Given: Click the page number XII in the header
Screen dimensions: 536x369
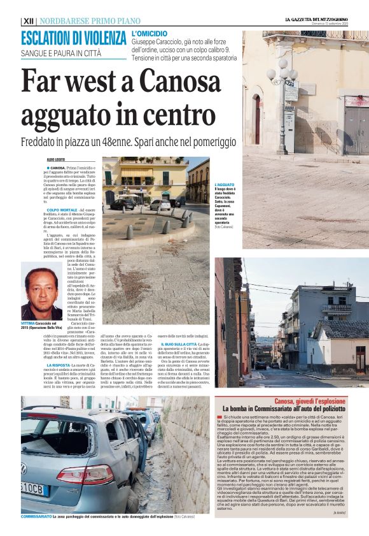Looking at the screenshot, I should [28, 20].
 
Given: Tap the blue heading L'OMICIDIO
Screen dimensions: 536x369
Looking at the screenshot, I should [150, 33].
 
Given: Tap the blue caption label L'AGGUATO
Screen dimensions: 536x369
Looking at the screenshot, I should [224, 185].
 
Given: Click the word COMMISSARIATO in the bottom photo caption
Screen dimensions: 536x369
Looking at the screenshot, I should [36, 516].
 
